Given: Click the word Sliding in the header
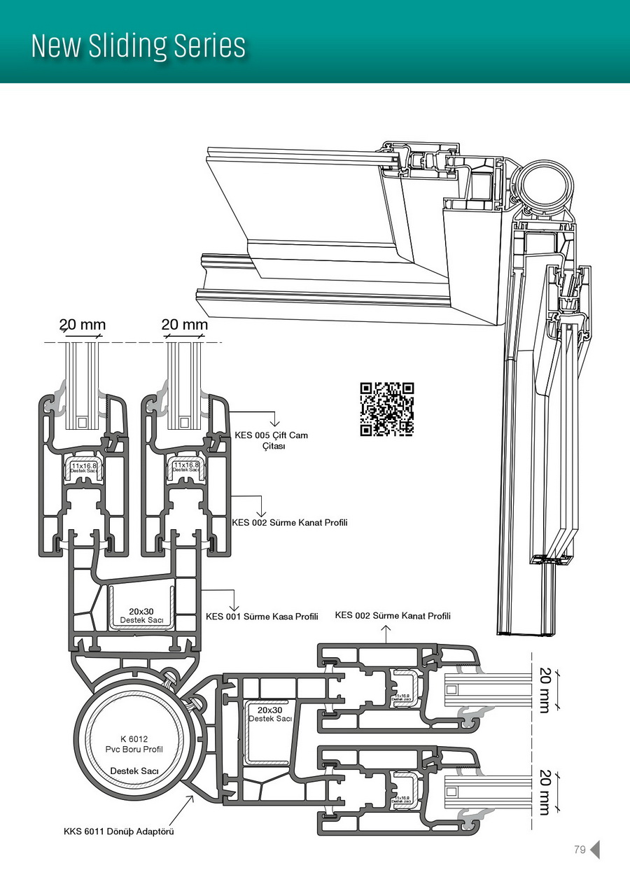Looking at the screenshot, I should pos(138,46).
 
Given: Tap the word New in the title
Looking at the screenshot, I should pos(57,46).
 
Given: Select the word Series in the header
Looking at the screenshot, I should pos(218,46).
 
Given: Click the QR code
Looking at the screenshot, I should pos(387,409).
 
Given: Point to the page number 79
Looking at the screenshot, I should pos(579,850).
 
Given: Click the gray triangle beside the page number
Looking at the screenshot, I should pos(595,850).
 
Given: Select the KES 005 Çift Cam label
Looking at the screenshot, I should pos(271,435).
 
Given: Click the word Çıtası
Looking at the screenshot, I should pos(274,447).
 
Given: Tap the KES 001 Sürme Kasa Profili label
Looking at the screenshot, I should pos(262,617).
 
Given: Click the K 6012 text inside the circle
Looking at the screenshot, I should pos(133,738).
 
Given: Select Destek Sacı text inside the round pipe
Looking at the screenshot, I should pos(134,771).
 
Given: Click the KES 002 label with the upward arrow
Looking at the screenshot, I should pos(393,616).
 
